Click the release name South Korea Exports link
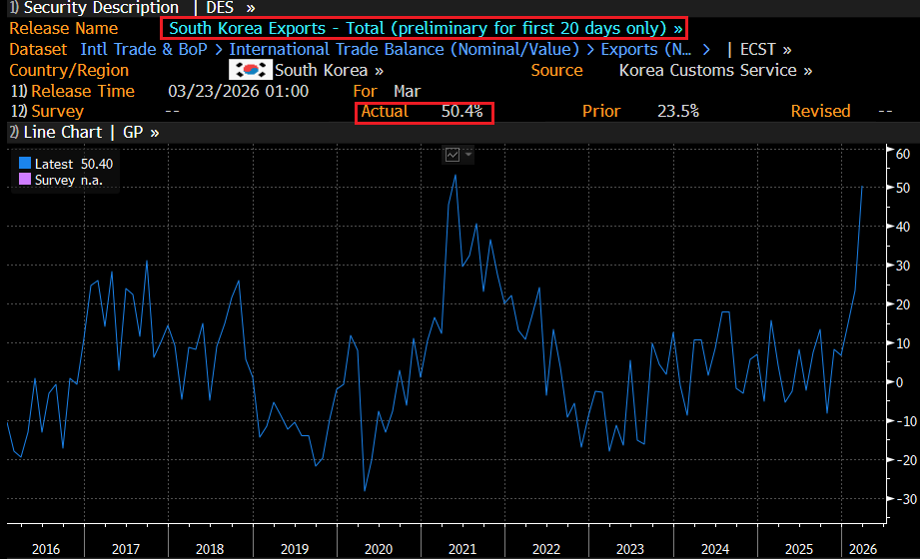click(x=426, y=28)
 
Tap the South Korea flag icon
click(x=250, y=70)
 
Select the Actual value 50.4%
click(x=462, y=111)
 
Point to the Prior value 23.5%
click(x=678, y=111)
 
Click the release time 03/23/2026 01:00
click(x=239, y=91)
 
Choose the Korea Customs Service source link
click(x=715, y=70)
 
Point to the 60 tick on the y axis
click(x=902, y=154)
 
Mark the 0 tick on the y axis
click(x=902, y=382)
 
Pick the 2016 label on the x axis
click(x=46, y=548)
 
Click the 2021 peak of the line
click(x=456, y=176)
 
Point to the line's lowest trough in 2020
click(x=365, y=490)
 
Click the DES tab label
click(x=219, y=7)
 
